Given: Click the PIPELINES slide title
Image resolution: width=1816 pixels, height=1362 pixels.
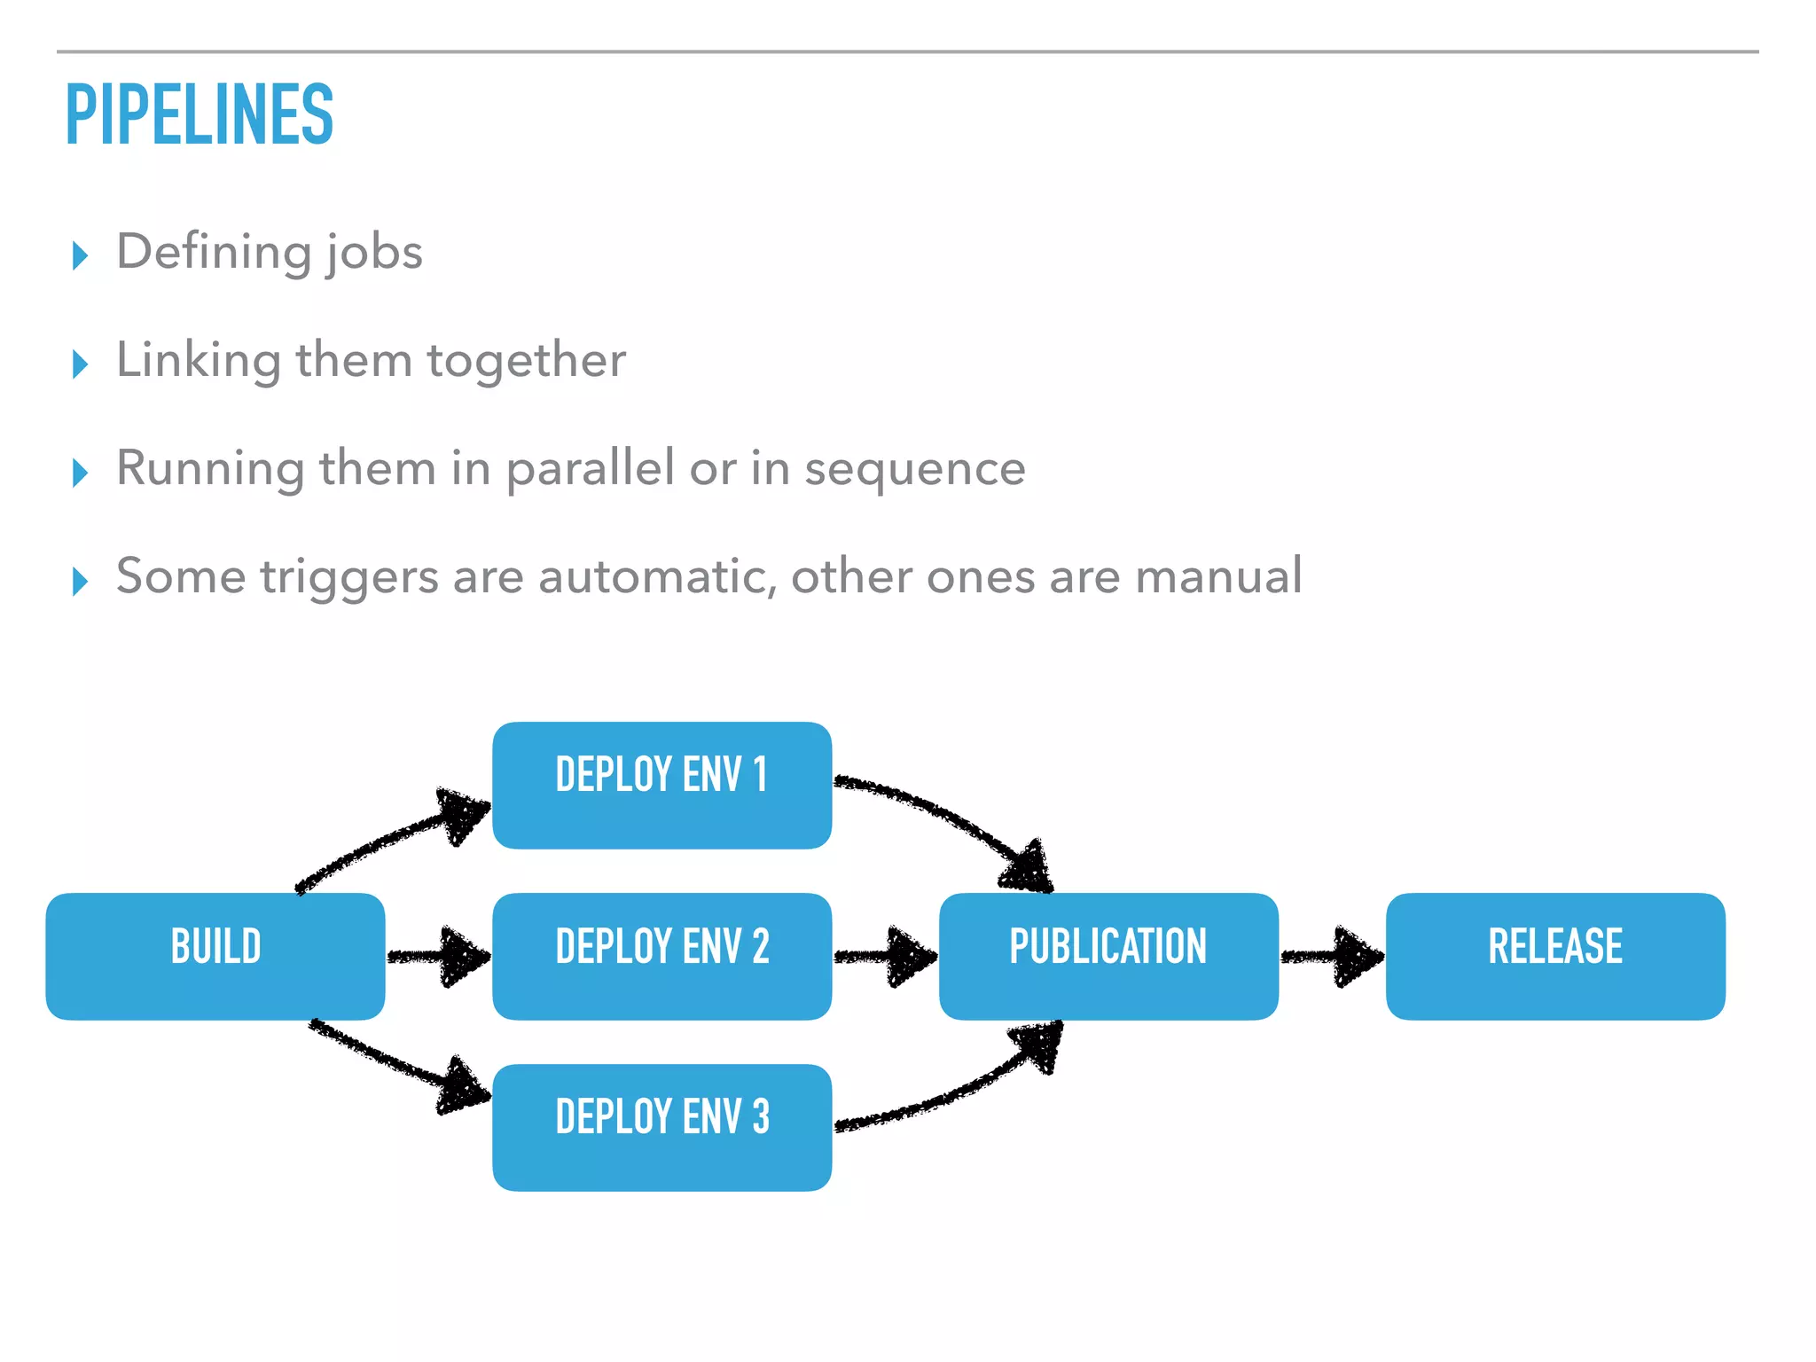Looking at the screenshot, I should pyautogui.click(x=199, y=114).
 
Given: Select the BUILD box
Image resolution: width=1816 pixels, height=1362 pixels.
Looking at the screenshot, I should pyautogui.click(x=215, y=956).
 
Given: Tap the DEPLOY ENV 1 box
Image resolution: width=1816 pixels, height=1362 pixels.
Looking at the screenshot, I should pyautogui.click(x=661, y=785).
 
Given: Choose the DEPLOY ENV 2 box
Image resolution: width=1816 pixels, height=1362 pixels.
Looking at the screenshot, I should pyautogui.click(x=661, y=956).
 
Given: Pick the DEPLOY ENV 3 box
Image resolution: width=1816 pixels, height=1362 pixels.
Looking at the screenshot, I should pyautogui.click(x=661, y=1127).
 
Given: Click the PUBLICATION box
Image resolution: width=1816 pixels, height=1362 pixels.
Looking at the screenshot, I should pyautogui.click(x=1108, y=956).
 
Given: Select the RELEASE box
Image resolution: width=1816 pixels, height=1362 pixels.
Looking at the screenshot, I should pyautogui.click(x=1555, y=956).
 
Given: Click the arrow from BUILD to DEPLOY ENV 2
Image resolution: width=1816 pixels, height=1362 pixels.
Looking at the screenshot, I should pyautogui.click(x=439, y=956).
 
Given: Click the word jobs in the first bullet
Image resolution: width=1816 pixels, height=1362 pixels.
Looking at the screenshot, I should pyautogui.click(x=374, y=253).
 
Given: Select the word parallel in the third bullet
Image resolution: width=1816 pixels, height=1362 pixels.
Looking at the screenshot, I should pyautogui.click(x=590, y=469).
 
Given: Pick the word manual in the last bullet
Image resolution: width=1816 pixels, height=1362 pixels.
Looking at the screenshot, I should pyautogui.click(x=1218, y=576).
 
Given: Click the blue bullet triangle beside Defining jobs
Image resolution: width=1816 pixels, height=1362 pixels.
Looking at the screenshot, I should pyautogui.click(x=81, y=255).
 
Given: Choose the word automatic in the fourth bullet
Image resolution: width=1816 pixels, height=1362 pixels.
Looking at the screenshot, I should pyautogui.click(x=656, y=576).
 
